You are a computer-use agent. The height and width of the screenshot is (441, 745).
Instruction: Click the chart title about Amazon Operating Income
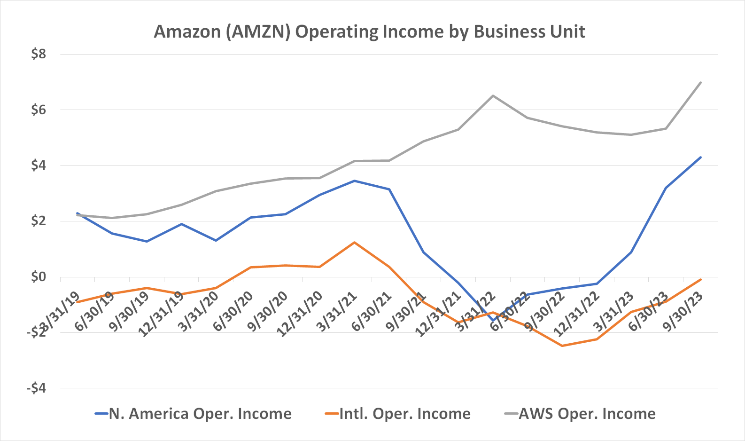(369, 31)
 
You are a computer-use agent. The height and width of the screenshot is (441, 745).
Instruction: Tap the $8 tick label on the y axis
(39, 54)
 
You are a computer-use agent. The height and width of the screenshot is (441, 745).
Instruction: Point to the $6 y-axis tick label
(39, 110)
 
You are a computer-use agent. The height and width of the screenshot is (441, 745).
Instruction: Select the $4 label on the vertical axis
(39, 165)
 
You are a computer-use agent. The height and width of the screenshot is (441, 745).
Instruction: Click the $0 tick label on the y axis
(39, 277)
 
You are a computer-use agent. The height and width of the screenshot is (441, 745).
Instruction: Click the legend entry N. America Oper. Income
(194, 414)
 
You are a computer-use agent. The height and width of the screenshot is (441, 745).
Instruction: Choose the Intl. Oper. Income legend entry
(398, 414)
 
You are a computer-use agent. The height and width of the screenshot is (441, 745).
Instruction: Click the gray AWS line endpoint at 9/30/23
(701, 82)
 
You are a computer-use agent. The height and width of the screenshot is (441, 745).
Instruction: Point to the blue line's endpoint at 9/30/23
(701, 157)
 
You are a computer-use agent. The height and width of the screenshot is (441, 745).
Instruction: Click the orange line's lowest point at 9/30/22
(562, 346)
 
